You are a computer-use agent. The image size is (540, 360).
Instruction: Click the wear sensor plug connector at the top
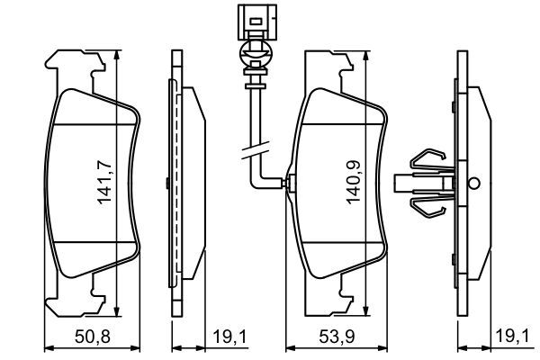click(x=254, y=20)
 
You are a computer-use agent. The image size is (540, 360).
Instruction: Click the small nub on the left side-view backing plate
click(x=168, y=183)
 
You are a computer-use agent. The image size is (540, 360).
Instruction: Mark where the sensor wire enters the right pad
click(x=285, y=184)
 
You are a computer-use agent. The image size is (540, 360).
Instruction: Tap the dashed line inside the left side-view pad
click(x=178, y=180)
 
